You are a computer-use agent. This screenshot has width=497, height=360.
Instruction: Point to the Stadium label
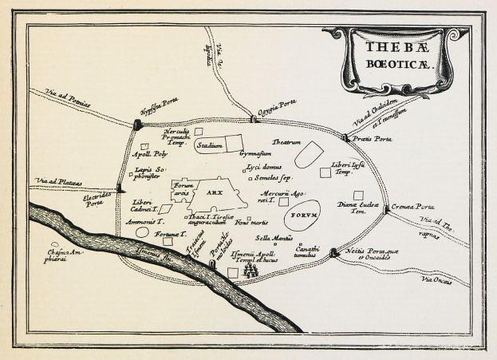tap(210, 146)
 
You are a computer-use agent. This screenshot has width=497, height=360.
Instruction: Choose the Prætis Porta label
tap(373, 139)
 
